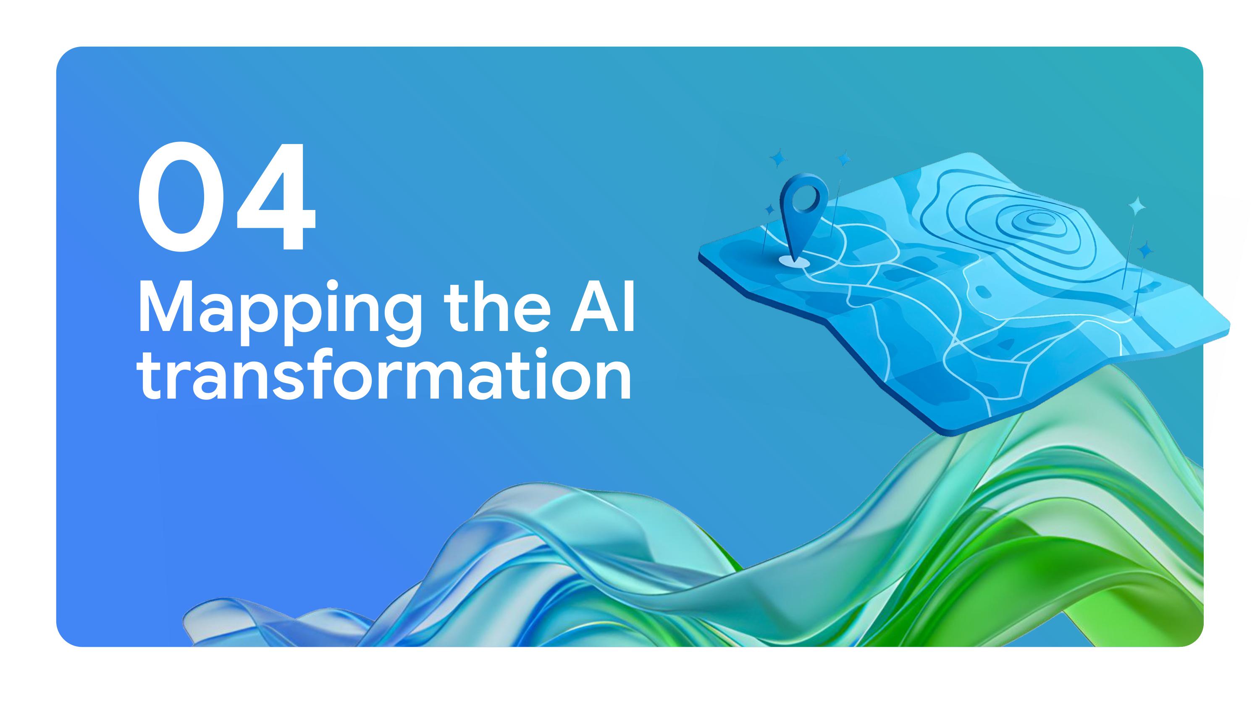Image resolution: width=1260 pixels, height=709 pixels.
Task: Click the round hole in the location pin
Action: point(803,198)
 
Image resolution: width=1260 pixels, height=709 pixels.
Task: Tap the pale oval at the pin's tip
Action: point(793,261)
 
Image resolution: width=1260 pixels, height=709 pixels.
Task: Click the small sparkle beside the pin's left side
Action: point(769,210)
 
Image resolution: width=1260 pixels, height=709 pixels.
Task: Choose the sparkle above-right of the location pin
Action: point(844,159)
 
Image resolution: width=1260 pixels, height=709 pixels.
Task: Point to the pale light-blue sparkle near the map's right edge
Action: point(1137,205)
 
